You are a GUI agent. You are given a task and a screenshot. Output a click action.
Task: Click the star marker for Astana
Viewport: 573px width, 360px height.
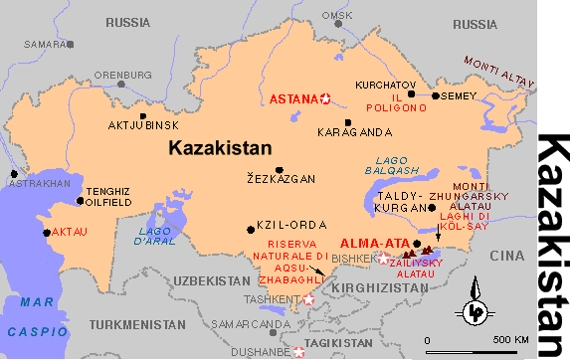coord(324,97)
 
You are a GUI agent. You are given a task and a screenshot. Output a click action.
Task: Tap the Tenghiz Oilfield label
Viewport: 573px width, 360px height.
coord(109,196)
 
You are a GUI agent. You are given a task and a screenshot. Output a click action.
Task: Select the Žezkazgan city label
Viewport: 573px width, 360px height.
coord(281,180)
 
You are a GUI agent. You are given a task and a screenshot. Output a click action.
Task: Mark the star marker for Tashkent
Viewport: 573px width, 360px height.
coord(308,298)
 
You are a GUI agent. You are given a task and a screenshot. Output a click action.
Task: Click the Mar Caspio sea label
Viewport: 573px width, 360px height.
coord(35,317)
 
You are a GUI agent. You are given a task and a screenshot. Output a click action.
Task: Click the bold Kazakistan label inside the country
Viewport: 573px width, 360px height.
coord(220,148)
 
